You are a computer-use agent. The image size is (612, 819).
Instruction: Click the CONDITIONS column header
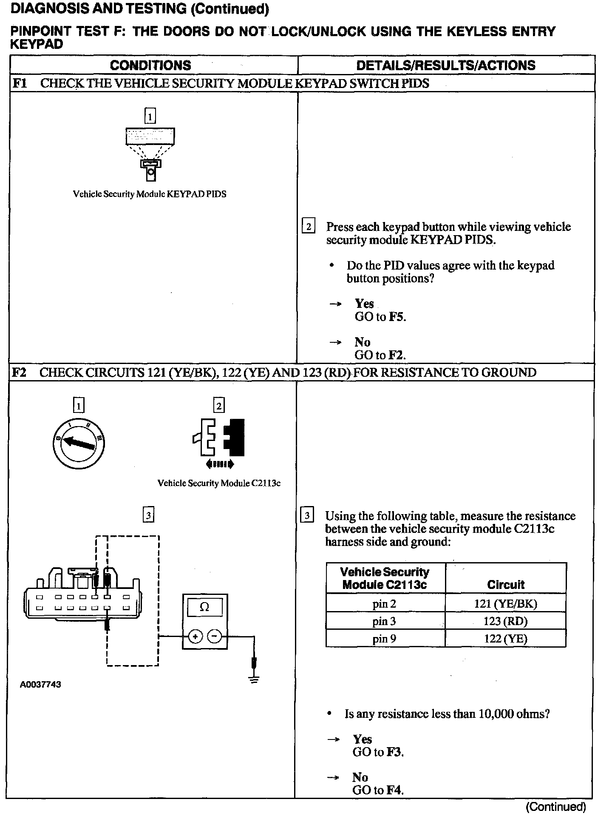pos(150,65)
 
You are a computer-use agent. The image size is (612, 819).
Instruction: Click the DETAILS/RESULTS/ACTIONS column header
pos(446,65)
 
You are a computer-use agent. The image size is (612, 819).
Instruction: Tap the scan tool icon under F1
pos(150,153)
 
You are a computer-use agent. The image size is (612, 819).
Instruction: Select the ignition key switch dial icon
pos(79,444)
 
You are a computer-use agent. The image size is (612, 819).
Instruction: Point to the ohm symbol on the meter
pos(204,607)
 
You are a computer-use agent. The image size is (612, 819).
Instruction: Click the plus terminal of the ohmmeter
pos(195,637)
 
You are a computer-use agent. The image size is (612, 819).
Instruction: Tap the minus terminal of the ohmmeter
pos(215,637)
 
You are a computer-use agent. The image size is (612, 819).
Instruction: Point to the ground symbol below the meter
pos(254,680)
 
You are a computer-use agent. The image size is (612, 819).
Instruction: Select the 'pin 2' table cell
pos(385,604)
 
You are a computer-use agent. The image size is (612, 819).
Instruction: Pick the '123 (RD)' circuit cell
pos(505,621)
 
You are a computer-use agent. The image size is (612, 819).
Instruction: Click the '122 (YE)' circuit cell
pos(505,639)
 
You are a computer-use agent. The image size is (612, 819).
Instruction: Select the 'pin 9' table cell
pos(385,639)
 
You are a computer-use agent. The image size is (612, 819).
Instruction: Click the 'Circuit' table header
pos(506,585)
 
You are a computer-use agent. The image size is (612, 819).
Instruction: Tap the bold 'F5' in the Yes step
pos(397,317)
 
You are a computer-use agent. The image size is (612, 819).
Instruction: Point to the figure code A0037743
pos(40,685)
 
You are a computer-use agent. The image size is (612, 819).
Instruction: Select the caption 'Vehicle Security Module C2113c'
pos(219,483)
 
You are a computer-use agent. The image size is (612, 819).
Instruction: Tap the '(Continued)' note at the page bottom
pos(556,807)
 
